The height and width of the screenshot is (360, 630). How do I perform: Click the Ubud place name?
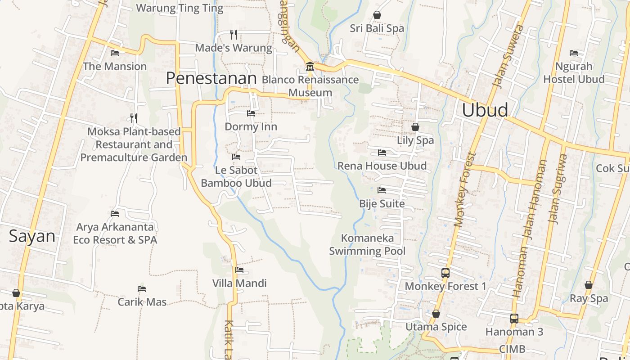pyautogui.click(x=485, y=110)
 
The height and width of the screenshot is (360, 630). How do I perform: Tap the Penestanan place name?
pyautogui.click(x=211, y=78)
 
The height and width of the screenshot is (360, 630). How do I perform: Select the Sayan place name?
pyautogui.click(x=32, y=236)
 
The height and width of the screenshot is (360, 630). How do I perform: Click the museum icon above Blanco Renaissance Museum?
pyautogui.click(x=310, y=67)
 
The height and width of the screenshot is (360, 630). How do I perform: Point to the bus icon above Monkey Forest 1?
pyautogui.click(x=445, y=273)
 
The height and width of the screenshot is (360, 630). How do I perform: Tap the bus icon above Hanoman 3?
pyautogui.click(x=514, y=319)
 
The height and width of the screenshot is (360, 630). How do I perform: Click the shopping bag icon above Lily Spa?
pyautogui.click(x=415, y=127)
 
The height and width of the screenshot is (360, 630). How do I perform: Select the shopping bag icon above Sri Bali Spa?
pyautogui.click(x=377, y=15)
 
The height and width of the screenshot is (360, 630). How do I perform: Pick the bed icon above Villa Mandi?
pyautogui.click(x=239, y=270)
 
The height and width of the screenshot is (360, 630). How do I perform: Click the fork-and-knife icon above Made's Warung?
pyautogui.click(x=234, y=34)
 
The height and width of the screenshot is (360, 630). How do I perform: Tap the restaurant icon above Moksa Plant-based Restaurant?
pyautogui.click(x=134, y=118)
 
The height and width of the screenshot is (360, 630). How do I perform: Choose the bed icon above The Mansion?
pyautogui.click(x=115, y=53)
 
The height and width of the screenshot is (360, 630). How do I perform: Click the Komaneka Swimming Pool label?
pyautogui.click(x=367, y=244)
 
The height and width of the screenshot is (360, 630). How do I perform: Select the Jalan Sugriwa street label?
pyautogui.click(x=558, y=189)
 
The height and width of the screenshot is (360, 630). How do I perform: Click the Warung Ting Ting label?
pyautogui.click(x=179, y=8)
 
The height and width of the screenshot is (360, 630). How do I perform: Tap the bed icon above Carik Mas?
pyautogui.click(x=142, y=288)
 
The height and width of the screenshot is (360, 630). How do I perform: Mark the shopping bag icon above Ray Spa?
pyautogui.click(x=589, y=285)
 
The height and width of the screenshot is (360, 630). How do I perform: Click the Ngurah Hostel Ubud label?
pyautogui.click(x=574, y=72)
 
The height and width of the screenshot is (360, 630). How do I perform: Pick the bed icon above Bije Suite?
pyautogui.click(x=382, y=190)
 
